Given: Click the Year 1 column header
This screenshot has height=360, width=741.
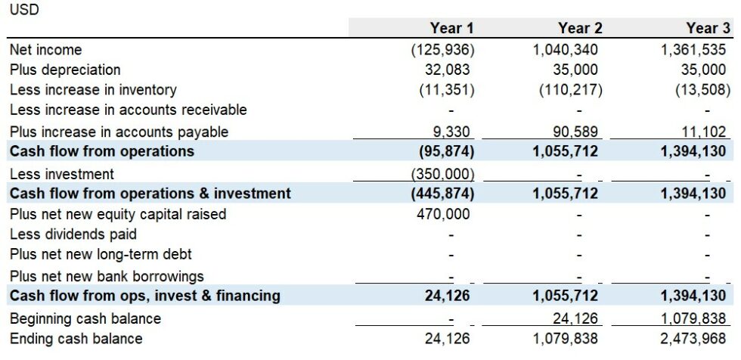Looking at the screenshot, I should (x=451, y=29).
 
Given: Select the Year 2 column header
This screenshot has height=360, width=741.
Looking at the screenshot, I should (x=580, y=29).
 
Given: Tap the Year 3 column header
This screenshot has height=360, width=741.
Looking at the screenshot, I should (x=708, y=29).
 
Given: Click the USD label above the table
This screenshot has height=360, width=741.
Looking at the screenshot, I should (x=24, y=10).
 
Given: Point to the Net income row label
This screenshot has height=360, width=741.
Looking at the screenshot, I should (x=46, y=50).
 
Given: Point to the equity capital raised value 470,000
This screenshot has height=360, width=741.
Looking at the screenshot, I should (x=443, y=214).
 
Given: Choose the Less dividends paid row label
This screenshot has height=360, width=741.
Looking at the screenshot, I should (x=73, y=234).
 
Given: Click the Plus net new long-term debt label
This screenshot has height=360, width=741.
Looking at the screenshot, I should (x=101, y=255).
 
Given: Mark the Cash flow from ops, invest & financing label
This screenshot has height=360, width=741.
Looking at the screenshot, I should (x=145, y=295).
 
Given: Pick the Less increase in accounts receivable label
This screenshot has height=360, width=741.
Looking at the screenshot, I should (x=129, y=110).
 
